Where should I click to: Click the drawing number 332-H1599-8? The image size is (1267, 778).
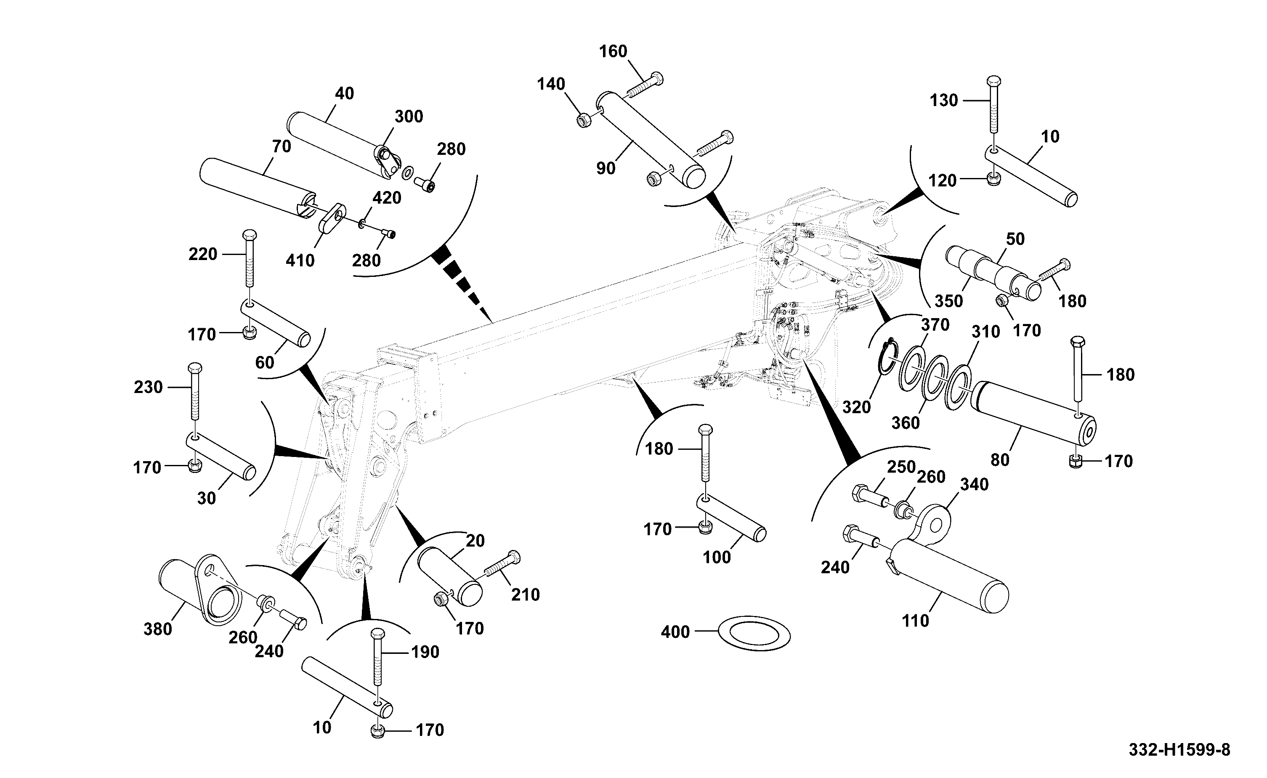pyautogui.click(x=1179, y=750)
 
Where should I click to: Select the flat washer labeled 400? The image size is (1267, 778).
pyautogui.click(x=754, y=632)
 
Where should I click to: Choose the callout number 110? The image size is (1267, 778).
pyautogui.click(x=916, y=621)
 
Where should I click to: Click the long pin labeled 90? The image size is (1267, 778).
pyautogui.click(x=651, y=140)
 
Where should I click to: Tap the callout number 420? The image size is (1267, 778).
pyautogui.click(x=387, y=198)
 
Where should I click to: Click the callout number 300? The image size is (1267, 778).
pyautogui.click(x=409, y=117)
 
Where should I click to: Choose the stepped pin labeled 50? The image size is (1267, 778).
pyautogui.click(x=993, y=273)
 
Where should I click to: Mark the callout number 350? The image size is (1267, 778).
pyautogui.click(x=948, y=301)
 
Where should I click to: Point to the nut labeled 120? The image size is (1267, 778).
pyautogui.click(x=994, y=180)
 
